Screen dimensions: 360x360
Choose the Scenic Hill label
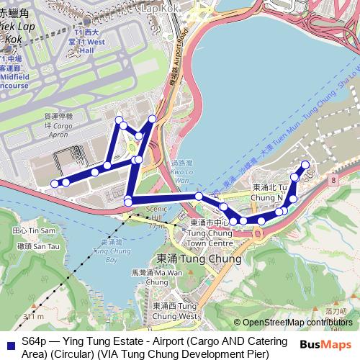tap(156, 213)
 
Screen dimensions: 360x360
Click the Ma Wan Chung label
tap(166, 278)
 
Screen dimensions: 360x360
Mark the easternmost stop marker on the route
tap(305, 165)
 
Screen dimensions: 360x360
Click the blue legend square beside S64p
tap(9, 342)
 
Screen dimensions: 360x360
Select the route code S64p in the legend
tap(33, 341)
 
